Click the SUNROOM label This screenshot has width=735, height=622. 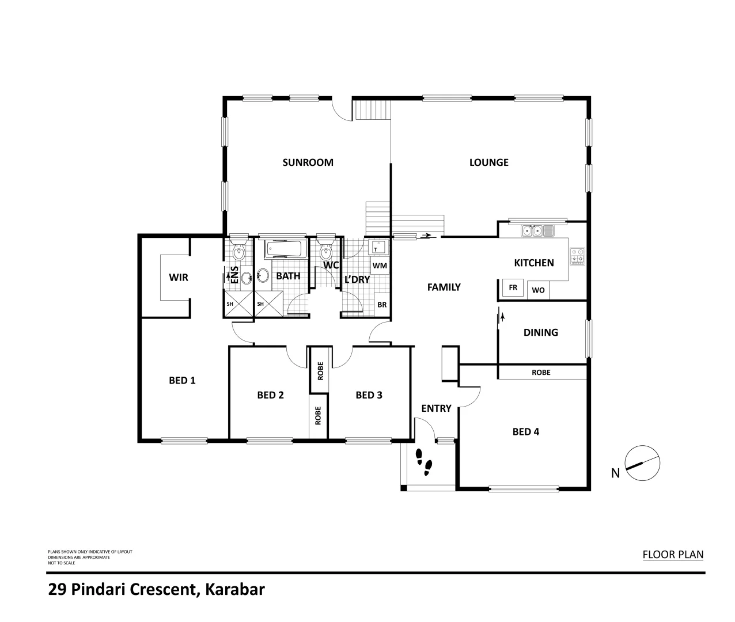pos(308,162)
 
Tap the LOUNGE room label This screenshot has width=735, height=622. pos(488,162)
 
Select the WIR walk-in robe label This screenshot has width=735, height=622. pos(179,278)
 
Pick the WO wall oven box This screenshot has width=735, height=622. pos(538,290)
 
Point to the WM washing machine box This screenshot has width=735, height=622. pos(379,266)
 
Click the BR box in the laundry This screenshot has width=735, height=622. pos(382,305)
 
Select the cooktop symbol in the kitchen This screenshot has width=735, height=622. pos(577,256)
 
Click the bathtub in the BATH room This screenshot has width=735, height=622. pos(283,250)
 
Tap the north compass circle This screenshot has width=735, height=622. pos(642,463)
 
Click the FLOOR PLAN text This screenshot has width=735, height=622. pos(673,555)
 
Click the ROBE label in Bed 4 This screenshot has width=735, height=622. pos(541,373)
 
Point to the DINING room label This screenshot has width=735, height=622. pos(540,332)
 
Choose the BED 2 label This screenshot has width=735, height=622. pos(270,395)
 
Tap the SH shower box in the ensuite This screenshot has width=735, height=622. pos(230,304)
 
